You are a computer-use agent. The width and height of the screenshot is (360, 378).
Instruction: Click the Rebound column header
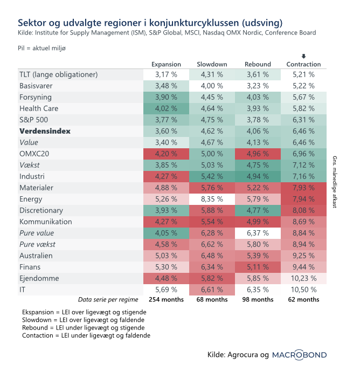[x=258, y=64]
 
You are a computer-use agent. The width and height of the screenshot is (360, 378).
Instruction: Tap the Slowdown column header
[x=212, y=64]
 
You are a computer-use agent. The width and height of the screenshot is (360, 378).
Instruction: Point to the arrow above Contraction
[x=304, y=56]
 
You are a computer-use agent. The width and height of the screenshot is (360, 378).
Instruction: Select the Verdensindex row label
[x=45, y=131]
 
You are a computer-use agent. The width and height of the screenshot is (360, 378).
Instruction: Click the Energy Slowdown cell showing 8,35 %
[x=212, y=199]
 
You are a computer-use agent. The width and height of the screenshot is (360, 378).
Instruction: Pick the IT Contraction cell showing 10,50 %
[x=304, y=290]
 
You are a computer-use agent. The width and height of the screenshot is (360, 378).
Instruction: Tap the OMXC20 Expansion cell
[x=166, y=154]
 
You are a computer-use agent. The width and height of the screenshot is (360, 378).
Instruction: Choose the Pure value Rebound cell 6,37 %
[x=258, y=233]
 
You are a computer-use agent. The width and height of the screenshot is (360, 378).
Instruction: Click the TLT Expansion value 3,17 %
[x=166, y=74]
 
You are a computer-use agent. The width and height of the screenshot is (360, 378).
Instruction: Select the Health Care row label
[x=39, y=108]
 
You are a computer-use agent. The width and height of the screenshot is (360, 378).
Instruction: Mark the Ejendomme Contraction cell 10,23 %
[x=304, y=278]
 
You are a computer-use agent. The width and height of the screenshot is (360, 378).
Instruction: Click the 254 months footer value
[x=166, y=299]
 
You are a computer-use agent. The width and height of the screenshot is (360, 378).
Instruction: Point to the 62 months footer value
[x=304, y=299]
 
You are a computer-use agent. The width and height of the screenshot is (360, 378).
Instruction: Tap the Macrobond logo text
[x=299, y=355]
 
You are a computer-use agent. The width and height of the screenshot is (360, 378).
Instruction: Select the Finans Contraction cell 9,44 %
[x=304, y=267]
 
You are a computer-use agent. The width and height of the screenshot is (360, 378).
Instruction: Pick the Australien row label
[x=37, y=256]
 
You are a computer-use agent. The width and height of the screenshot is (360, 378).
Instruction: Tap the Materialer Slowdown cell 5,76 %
[x=212, y=188]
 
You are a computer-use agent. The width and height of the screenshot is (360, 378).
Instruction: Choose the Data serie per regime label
[x=108, y=299]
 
